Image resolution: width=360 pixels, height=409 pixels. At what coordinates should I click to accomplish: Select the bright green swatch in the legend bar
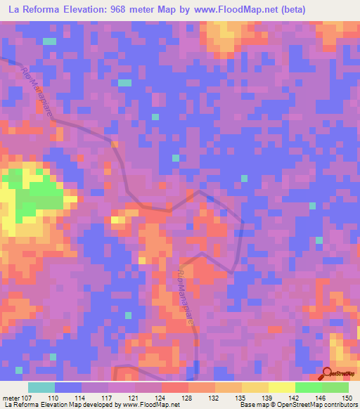[x=309, y=387]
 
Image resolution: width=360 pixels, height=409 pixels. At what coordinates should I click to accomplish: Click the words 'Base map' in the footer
[x=250, y=405]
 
